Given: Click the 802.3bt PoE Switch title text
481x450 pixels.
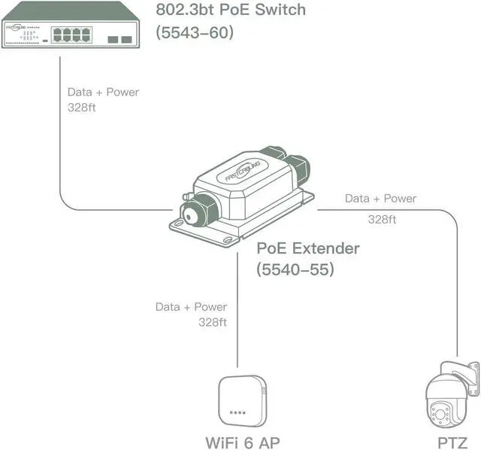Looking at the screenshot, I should (x=231, y=10).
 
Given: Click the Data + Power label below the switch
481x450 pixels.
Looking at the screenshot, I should (x=103, y=92).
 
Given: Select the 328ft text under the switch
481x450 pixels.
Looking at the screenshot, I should (x=82, y=107).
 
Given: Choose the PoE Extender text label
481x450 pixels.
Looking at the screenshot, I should (x=308, y=248).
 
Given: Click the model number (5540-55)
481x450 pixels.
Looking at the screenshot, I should (x=295, y=269).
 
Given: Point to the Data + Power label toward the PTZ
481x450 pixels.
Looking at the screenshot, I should (x=380, y=199).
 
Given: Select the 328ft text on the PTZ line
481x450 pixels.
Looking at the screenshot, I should (x=383, y=220).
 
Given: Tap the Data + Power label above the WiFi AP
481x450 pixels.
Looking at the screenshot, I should (x=191, y=306).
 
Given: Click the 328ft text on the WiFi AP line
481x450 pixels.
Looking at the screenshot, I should (x=213, y=321).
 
